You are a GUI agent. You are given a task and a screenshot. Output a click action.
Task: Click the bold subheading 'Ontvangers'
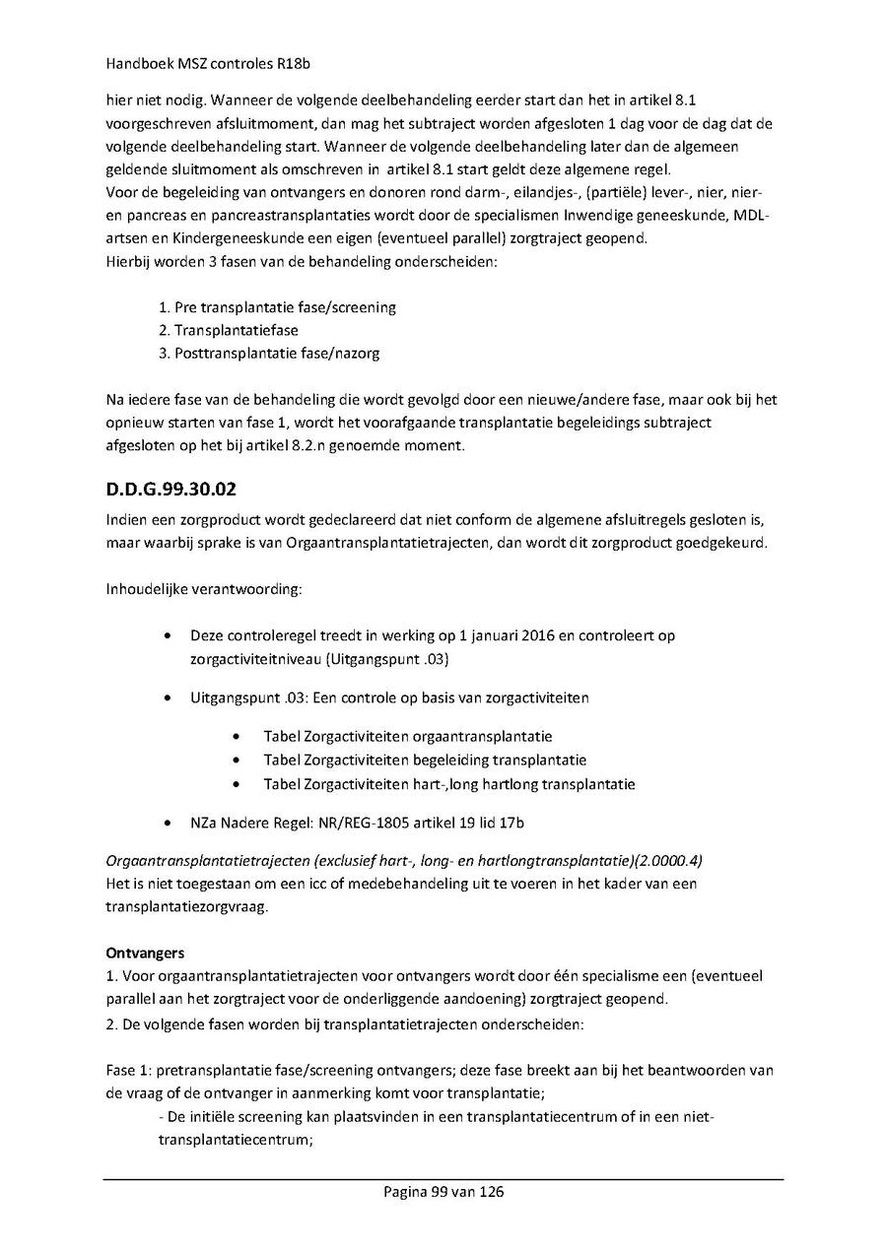143,953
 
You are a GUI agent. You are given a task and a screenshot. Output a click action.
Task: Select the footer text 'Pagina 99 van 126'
443,1192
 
